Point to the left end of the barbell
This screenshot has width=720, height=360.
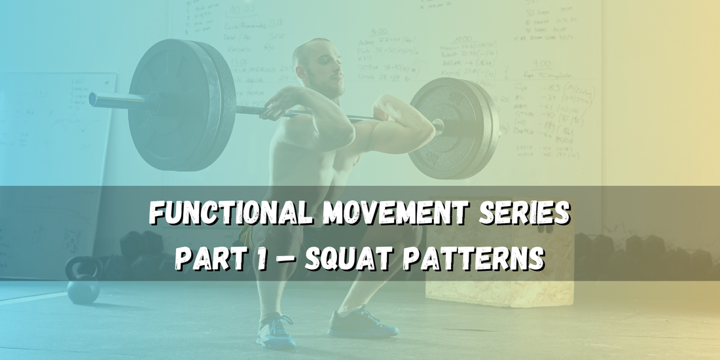click(x=94, y=99)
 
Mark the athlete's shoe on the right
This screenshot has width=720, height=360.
click(x=363, y=324)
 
